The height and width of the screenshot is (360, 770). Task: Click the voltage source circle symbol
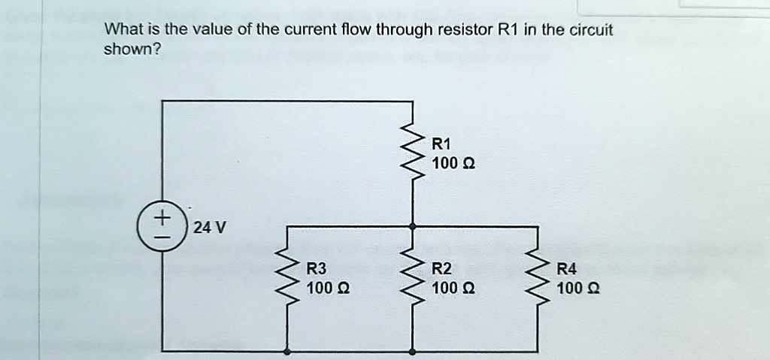pos(161,225)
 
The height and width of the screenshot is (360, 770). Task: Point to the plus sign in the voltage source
pos(161,217)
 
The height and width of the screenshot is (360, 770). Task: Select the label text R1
pos(441,144)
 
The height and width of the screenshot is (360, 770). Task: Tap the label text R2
pos(441,268)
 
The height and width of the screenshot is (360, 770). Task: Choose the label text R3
pos(317,268)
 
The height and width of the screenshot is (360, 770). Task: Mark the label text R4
pos(567,268)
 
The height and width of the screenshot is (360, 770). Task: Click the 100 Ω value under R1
pos(453,163)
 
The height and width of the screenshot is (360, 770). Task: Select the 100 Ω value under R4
pos(578,288)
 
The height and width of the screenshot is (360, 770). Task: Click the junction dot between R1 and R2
pos(412,225)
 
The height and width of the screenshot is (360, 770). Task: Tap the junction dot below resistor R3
pos(286,350)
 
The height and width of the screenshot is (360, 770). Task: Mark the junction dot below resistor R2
pos(412,350)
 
